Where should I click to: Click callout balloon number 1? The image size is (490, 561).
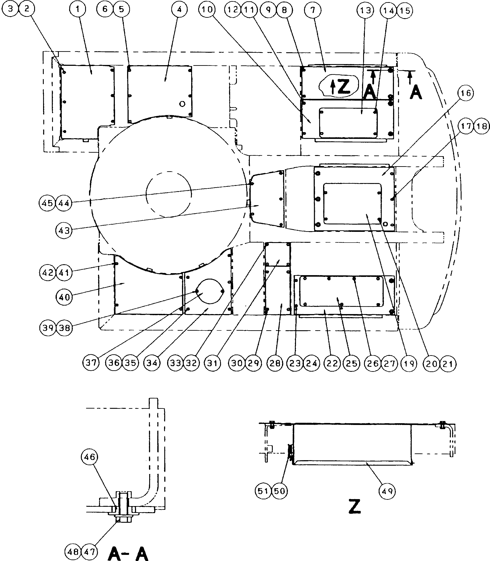(78, 10)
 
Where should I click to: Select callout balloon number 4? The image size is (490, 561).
(179, 10)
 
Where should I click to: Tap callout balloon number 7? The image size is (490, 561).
(313, 10)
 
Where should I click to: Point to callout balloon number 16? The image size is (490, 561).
(466, 93)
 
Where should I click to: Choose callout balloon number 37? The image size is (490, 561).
(91, 363)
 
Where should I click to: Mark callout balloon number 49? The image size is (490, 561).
(387, 491)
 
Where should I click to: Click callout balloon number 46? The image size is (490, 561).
(89, 457)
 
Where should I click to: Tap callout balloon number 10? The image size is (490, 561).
(207, 10)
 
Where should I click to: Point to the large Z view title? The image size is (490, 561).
(355, 506)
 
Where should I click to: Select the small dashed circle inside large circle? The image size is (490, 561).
(169, 194)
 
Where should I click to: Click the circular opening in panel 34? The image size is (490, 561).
(210, 291)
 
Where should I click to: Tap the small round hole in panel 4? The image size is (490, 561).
(182, 104)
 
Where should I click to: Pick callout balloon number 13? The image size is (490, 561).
(365, 11)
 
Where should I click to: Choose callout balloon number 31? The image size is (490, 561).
(212, 363)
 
